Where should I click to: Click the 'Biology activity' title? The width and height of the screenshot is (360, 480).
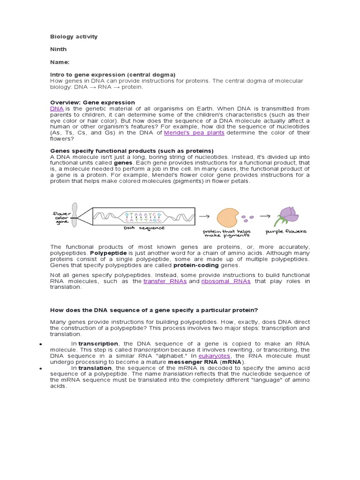pos(74,37)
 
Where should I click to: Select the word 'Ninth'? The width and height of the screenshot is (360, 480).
pos(59,49)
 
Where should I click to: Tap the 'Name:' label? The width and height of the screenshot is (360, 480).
pos(60,62)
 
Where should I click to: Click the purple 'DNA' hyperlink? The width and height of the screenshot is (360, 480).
pos(57,109)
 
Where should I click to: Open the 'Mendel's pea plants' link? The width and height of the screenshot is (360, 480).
pos(194,133)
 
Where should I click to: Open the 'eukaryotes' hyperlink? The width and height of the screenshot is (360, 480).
pos(214,356)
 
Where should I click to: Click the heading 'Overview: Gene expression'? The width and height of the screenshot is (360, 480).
pos(92,102)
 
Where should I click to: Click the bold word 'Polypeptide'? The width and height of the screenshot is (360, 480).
pos(107,253)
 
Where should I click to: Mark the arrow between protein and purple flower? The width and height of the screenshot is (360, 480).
pos(265,217)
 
